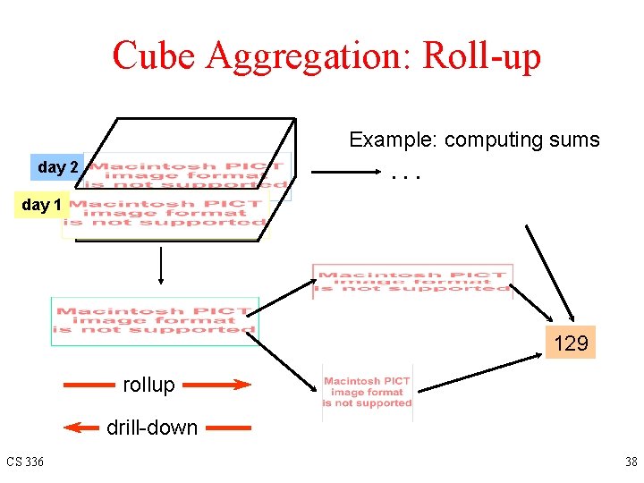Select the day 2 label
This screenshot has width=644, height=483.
[x=58, y=167]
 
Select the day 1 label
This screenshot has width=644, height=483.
[x=42, y=205]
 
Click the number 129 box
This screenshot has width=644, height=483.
[x=571, y=343]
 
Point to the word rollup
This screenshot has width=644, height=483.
[x=148, y=385]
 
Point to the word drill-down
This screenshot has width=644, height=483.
[x=152, y=428]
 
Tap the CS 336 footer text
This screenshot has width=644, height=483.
[x=23, y=462]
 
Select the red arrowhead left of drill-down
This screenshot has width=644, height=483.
[x=83, y=428]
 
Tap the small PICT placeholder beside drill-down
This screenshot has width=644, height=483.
[x=367, y=392]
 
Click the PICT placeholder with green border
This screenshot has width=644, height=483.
[x=155, y=320]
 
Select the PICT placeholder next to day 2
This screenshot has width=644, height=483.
[x=188, y=174]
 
